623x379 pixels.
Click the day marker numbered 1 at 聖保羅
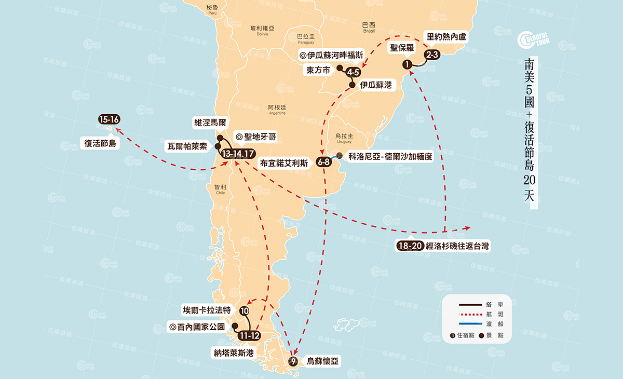(408, 64)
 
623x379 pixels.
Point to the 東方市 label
(318, 71)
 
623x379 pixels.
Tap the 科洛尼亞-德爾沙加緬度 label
(390, 156)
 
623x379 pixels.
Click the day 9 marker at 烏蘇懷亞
(293, 362)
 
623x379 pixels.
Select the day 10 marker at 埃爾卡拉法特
(245, 311)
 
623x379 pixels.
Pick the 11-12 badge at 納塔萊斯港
(249, 335)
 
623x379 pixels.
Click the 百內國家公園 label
(197, 327)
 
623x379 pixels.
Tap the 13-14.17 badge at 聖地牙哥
(237, 154)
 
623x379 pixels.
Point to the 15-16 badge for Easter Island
(109, 119)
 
